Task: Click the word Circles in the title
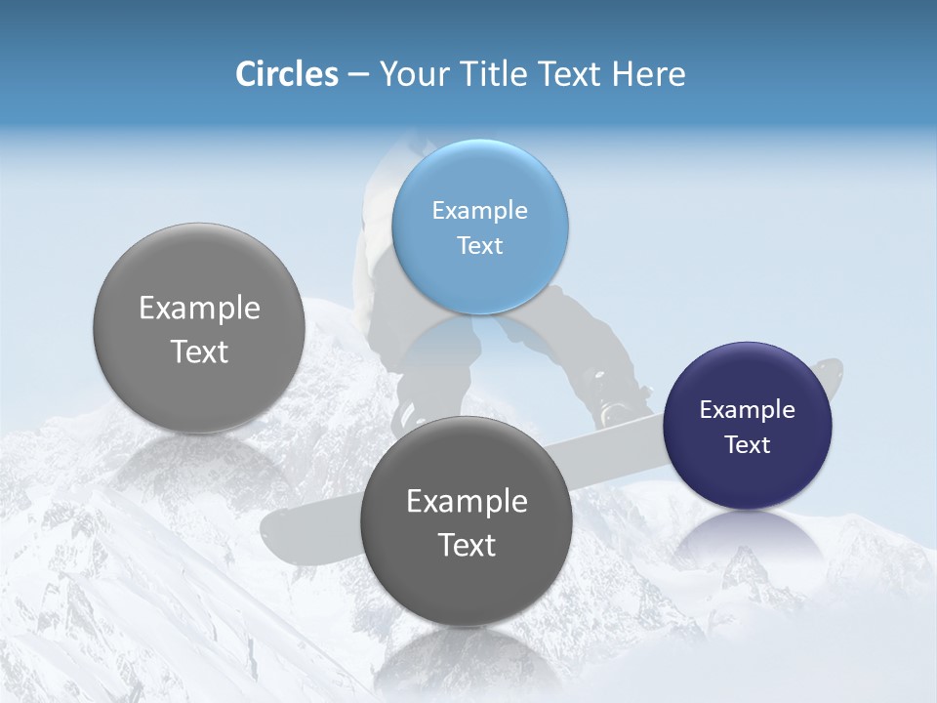pyautogui.click(x=286, y=74)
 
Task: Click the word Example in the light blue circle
pyautogui.click(x=479, y=210)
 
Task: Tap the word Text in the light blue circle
pyautogui.click(x=479, y=245)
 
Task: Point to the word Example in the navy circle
pyautogui.click(x=747, y=409)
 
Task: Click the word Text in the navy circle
pyautogui.click(x=748, y=445)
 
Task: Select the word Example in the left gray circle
pyautogui.click(x=199, y=308)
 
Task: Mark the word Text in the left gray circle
pyautogui.click(x=199, y=351)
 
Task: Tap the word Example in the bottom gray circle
pyautogui.click(x=467, y=501)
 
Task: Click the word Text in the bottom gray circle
pyautogui.click(x=467, y=545)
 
